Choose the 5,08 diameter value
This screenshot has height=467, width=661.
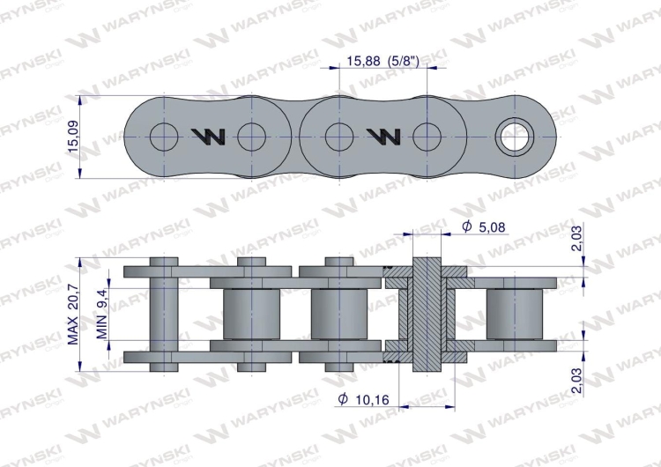[x=494, y=228]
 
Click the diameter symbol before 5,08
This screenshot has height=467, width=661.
[x=466, y=228]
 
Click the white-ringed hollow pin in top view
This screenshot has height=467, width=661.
[x=515, y=136]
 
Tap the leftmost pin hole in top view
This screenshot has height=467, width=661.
[x=163, y=136]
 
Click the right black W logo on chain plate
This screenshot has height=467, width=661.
[x=384, y=136]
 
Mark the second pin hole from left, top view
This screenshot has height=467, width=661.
[x=252, y=136]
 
